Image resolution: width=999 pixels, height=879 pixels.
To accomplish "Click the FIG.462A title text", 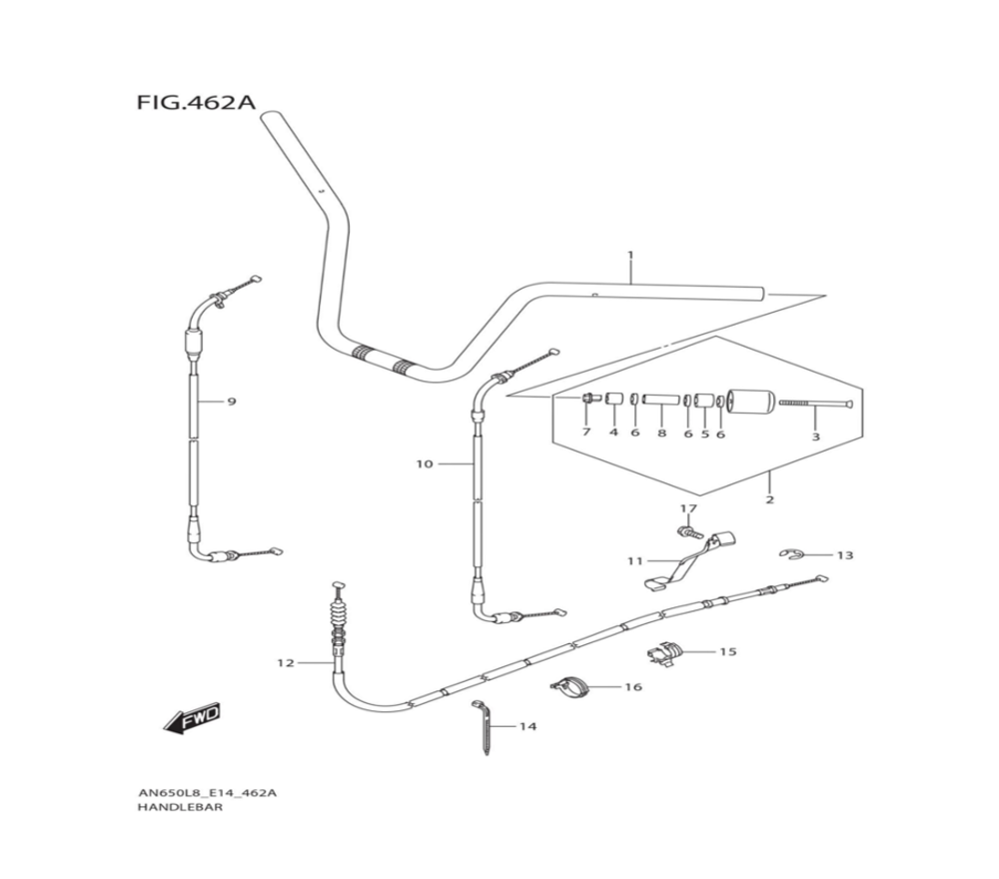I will [197, 102].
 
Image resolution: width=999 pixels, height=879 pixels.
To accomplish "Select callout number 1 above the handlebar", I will [630, 256].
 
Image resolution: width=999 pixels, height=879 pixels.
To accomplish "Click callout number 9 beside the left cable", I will [231, 402].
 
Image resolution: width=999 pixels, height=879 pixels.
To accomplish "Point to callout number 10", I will [426, 463].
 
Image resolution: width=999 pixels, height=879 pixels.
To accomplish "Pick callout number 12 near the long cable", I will [286, 662].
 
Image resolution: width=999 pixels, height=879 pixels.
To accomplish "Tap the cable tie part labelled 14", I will [484, 727].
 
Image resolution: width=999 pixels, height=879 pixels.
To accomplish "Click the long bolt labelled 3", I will [811, 403].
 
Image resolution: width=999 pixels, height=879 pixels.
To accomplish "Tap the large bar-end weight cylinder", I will [751, 403].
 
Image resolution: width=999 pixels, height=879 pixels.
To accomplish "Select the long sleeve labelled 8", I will [660, 400].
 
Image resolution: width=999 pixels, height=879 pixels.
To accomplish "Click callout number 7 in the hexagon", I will [586, 433].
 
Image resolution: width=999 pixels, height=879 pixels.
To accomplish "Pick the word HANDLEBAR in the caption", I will [180, 808].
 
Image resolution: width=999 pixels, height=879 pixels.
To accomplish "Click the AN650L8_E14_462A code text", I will [207, 793].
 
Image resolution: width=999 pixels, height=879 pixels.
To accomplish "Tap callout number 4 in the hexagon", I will [613, 433].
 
